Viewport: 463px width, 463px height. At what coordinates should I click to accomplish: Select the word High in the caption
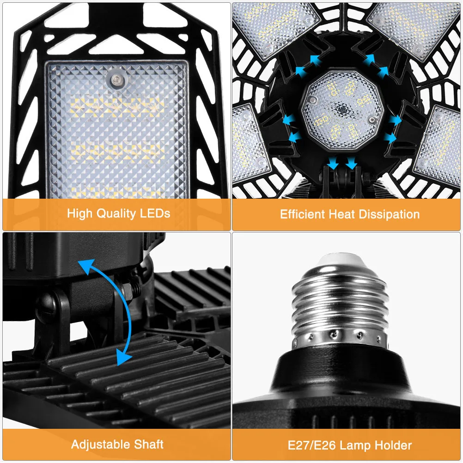[x=80, y=213]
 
